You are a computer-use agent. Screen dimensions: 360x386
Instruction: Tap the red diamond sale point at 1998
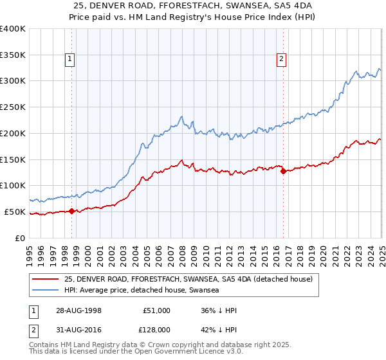tap(72, 211)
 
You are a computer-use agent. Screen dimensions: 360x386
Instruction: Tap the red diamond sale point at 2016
tap(283, 170)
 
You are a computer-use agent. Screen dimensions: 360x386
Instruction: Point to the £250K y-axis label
tap(12, 107)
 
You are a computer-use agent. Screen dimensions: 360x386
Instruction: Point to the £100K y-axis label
tap(12, 185)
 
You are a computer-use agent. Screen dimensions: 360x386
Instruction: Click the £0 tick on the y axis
tap(20, 238)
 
